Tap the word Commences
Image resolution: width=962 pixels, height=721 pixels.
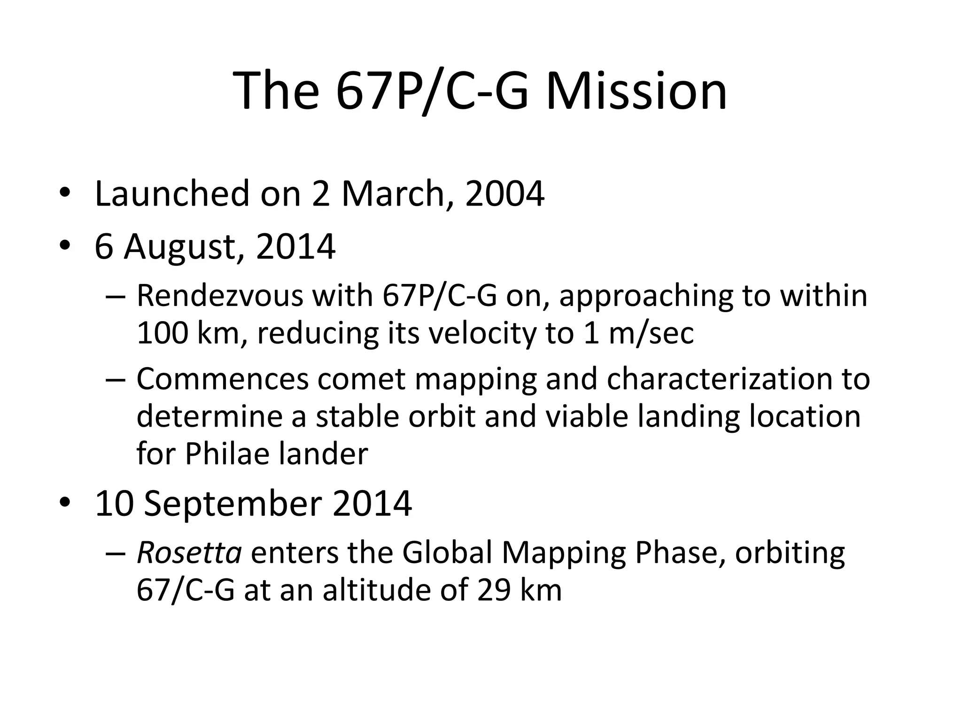point(223,379)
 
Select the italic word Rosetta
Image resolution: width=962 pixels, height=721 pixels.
point(189,552)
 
